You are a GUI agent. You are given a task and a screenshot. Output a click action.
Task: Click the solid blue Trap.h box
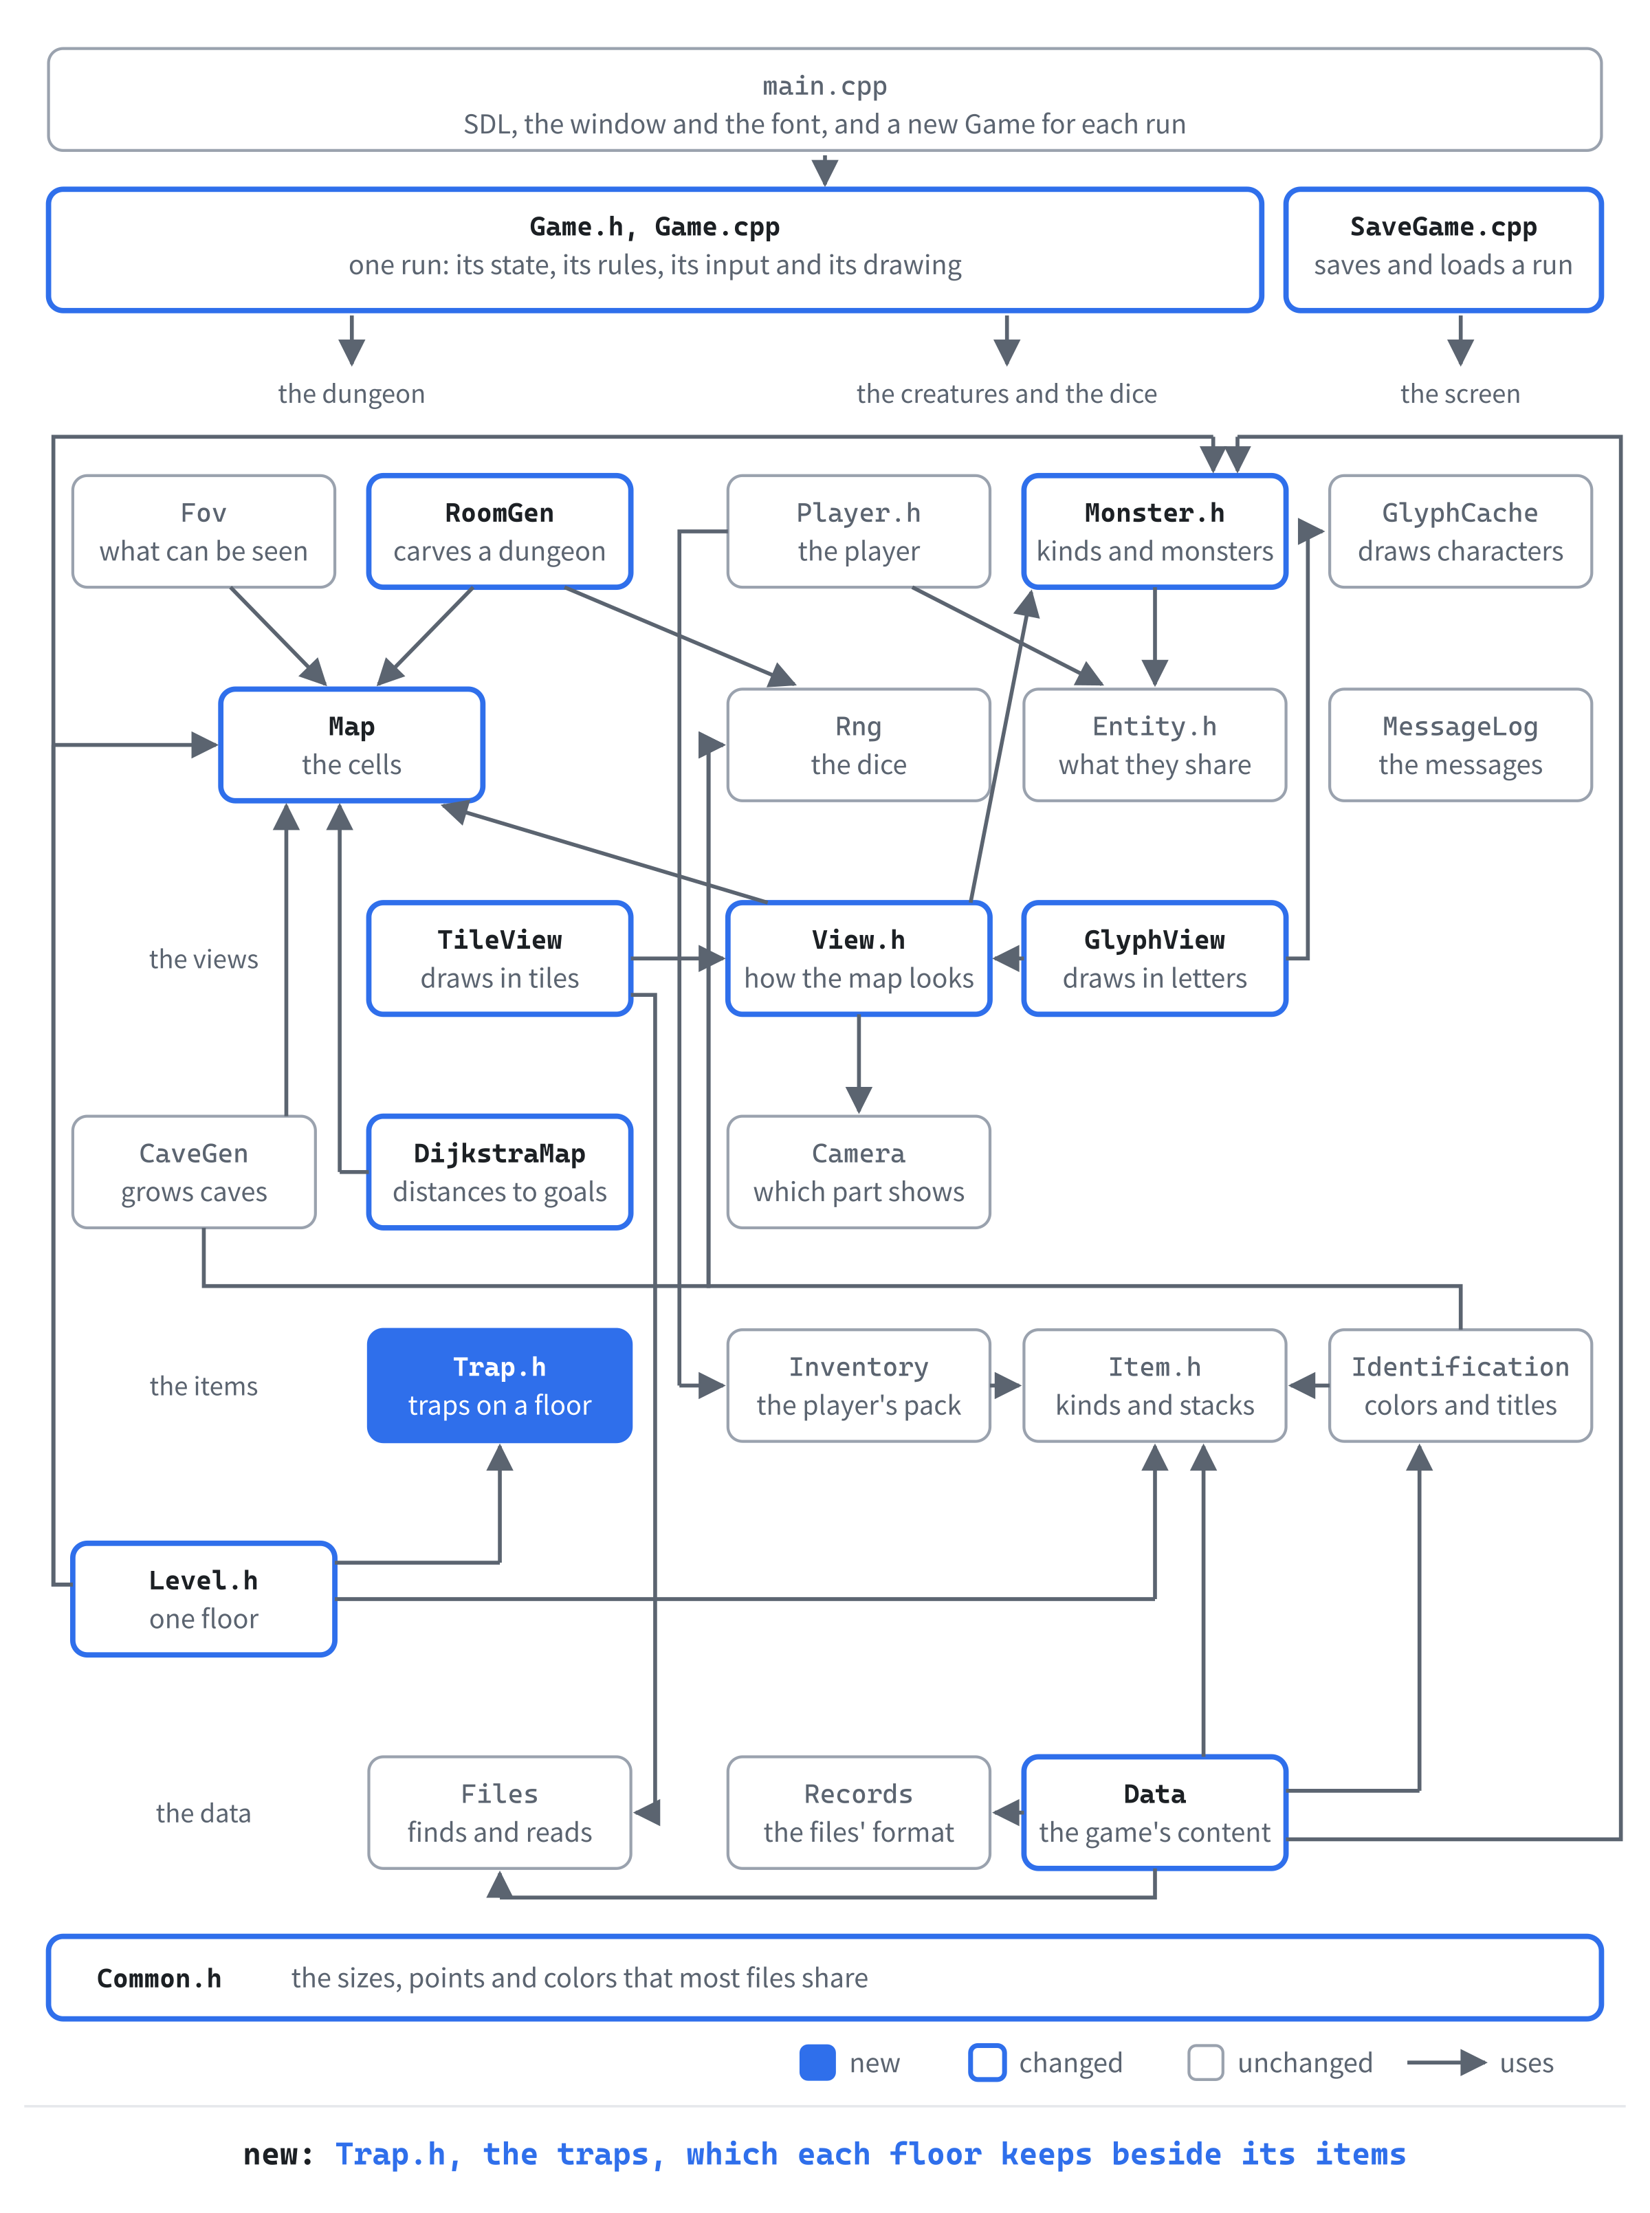pos(499,1385)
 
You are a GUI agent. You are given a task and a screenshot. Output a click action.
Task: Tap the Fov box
pos(203,531)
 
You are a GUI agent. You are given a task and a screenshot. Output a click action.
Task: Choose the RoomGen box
pos(499,531)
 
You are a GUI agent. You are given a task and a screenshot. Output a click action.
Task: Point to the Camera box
pos(859,1172)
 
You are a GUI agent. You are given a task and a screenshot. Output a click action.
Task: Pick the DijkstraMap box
pos(499,1172)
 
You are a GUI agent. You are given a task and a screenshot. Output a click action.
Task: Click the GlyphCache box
pos(1460,531)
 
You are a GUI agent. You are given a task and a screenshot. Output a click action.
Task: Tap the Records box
pos(859,1813)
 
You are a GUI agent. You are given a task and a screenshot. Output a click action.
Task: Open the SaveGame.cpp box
pos(1443,250)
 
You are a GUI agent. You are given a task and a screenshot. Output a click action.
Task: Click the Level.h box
pos(203,1599)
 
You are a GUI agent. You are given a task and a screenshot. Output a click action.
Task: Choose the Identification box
pos(1460,1385)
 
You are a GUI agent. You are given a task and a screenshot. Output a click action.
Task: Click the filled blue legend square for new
pos(817,2062)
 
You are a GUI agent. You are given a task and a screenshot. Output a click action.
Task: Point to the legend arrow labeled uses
pos(1447,2062)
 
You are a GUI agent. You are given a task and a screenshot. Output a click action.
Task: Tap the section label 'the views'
pos(203,959)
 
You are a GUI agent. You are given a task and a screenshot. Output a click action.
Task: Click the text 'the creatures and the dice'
pos(1006,393)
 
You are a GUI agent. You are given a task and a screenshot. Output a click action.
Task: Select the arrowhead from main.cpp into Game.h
pos(825,173)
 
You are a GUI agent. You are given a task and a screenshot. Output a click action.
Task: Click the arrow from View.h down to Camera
pos(859,1064)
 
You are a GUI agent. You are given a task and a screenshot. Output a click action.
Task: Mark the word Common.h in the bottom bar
pos(159,1979)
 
